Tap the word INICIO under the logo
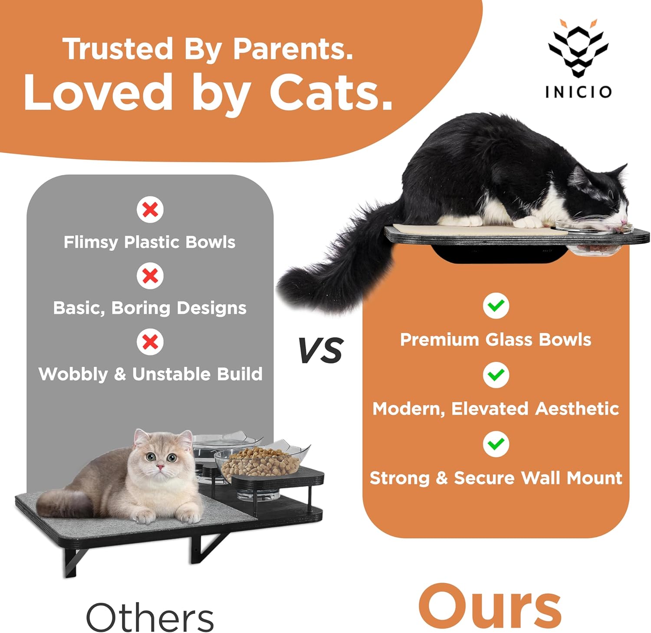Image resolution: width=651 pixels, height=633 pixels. click(578, 92)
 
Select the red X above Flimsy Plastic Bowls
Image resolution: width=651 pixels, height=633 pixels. click(150, 210)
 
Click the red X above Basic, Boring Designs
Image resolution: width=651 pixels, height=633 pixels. click(150, 276)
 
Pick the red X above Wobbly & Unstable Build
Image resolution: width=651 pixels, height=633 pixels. click(150, 342)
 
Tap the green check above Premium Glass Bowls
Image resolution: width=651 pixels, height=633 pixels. click(496, 306)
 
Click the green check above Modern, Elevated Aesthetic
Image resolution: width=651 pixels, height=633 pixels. click(496, 375)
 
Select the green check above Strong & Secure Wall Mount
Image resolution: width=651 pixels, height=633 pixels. click(496, 444)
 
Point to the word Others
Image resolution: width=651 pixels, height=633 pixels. click(150, 617)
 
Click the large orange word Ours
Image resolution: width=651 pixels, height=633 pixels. click(490, 607)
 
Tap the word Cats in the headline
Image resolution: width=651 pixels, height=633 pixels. click(331, 92)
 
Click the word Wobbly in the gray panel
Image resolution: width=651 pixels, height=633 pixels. click(73, 374)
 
